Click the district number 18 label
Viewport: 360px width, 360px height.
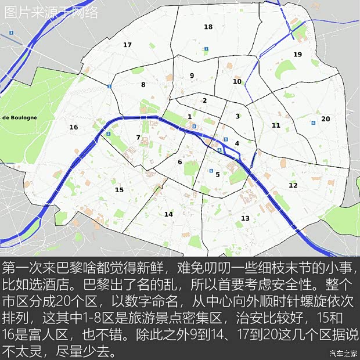tap(208, 27)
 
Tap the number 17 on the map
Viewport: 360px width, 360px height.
tap(127, 45)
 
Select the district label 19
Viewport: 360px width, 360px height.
tap(297, 55)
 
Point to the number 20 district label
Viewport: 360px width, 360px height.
tap(325, 118)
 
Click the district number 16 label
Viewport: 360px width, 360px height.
tap(73, 127)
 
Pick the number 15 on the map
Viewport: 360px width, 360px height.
tap(119, 190)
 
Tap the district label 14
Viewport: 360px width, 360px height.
tap(168, 214)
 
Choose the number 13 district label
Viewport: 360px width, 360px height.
tap(245, 218)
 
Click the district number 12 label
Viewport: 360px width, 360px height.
tap(293, 185)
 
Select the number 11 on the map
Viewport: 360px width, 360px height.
tap(276, 125)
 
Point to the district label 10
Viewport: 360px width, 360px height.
tap(237, 82)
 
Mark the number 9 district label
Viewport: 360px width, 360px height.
tap(192, 75)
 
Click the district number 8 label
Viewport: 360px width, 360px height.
tap(143, 85)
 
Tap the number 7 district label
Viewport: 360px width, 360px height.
tap(138, 138)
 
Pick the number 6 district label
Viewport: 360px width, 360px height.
tap(180, 162)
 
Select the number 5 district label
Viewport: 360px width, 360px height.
tap(218, 174)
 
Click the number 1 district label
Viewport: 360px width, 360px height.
tap(190, 117)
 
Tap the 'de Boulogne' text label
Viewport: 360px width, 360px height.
tap(19, 117)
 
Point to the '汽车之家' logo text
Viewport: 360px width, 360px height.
tap(343, 353)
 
